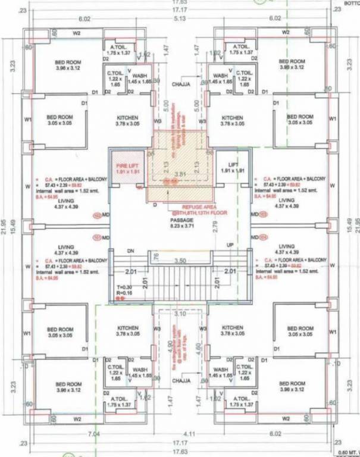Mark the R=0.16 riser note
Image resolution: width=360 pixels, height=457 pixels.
124,293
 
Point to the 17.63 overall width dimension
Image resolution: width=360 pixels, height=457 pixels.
180,3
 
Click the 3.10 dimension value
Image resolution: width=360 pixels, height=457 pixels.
181,314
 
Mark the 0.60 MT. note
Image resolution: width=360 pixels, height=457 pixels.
348,452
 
